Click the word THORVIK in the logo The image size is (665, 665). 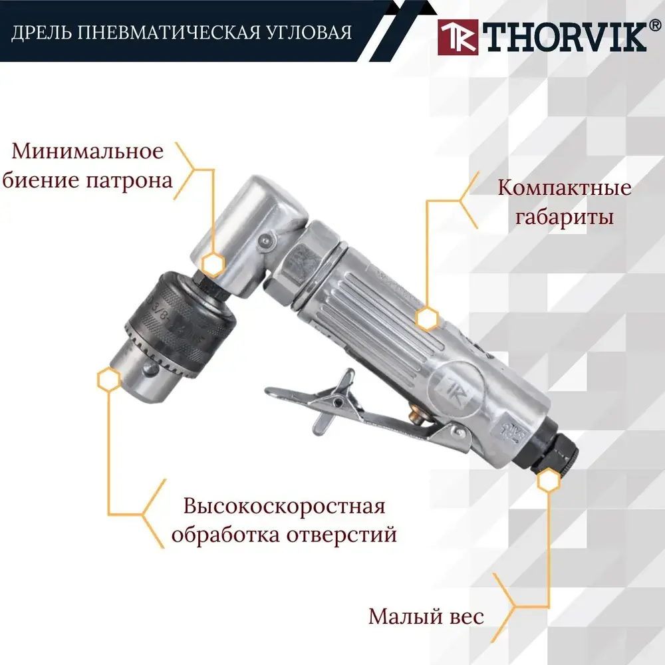point(565,37)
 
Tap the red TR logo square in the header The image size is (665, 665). point(458,37)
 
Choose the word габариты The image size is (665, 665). point(564,216)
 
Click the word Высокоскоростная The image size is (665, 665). point(284,507)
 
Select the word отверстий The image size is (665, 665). point(341,534)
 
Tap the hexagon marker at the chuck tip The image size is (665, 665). point(109,379)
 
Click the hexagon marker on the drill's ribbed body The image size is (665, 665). point(427,319)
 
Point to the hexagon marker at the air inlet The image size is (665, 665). point(549,480)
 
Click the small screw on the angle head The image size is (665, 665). point(265,241)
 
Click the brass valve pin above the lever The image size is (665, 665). point(415,414)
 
